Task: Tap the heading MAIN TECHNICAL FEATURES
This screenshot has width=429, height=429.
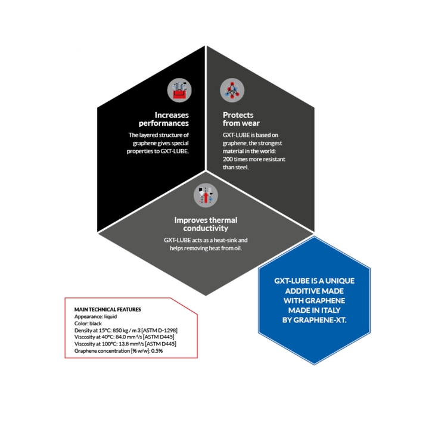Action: point(107,310)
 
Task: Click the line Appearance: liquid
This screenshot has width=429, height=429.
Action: point(95,316)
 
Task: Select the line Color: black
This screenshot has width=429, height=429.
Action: point(88,324)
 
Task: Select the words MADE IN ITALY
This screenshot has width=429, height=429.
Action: point(314,310)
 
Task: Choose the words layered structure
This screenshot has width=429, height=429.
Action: point(157,135)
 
